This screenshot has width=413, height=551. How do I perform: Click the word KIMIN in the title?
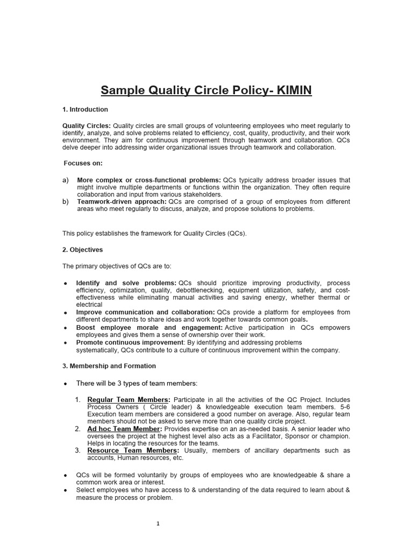point(294,90)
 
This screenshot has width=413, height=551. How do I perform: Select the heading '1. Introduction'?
point(86,110)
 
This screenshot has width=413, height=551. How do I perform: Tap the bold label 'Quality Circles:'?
point(87,126)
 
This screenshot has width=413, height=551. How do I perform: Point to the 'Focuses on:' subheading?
point(83,163)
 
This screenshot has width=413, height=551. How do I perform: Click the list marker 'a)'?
point(66,180)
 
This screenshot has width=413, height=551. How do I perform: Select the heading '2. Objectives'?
point(83,250)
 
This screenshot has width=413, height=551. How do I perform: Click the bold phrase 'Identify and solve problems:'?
point(126,283)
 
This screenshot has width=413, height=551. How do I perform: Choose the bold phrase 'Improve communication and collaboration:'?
point(145,312)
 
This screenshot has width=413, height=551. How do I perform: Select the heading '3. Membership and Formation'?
point(109,366)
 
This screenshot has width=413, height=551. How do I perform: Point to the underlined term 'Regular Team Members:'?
point(129,400)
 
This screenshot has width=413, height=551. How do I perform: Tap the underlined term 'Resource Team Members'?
point(132,450)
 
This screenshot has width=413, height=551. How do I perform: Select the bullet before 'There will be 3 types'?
point(66,384)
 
